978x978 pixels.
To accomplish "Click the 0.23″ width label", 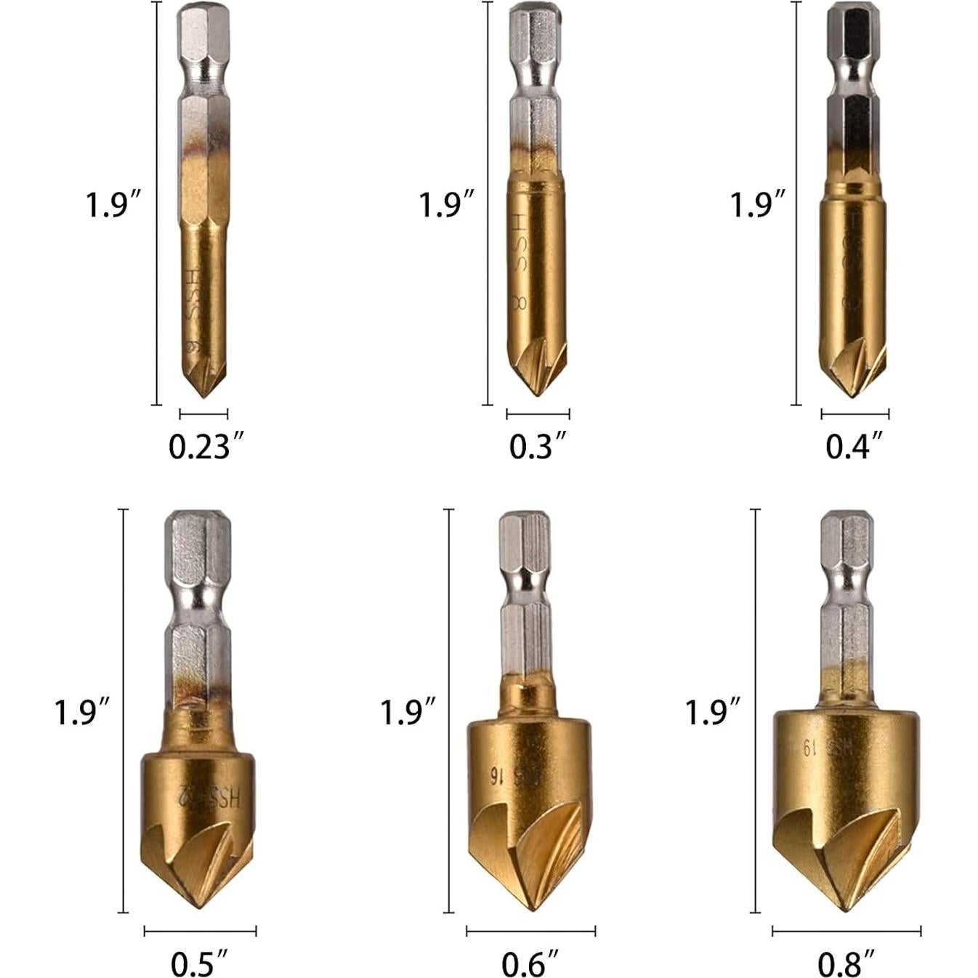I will [x=199, y=446].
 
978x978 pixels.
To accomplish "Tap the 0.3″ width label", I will [x=537, y=446].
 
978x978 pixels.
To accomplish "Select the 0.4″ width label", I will [x=854, y=446].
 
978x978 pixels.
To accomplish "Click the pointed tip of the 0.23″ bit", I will [x=203, y=395].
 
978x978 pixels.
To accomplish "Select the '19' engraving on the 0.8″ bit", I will [x=805, y=747].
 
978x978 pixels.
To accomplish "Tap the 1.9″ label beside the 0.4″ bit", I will [x=758, y=205].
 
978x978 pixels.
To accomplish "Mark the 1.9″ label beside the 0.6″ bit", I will [x=408, y=711].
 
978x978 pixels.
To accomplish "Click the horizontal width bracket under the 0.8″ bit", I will [x=846, y=931].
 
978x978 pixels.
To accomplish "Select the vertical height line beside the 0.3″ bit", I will [x=488, y=203].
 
